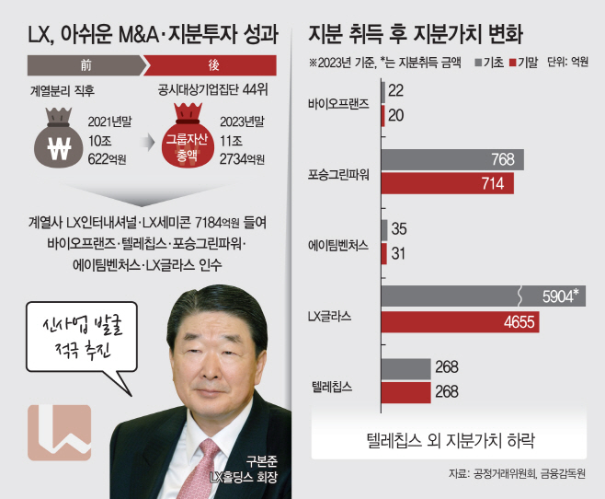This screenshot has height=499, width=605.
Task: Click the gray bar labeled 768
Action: click(x=452, y=159)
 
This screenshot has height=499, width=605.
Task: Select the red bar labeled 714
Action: click(x=448, y=183)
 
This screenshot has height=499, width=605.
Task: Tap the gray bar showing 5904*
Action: click(x=484, y=296)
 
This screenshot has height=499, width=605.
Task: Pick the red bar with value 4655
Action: click(x=461, y=321)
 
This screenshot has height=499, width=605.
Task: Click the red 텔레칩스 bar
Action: click(x=405, y=392)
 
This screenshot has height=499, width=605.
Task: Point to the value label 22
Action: click(x=395, y=90)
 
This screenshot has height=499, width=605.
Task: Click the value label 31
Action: click(x=398, y=254)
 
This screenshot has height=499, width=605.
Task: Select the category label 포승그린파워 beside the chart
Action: click(x=338, y=175)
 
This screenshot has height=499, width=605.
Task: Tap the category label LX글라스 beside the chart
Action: click(x=329, y=317)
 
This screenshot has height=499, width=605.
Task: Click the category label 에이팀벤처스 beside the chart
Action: click(x=338, y=245)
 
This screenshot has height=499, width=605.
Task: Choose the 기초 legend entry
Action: click(x=489, y=63)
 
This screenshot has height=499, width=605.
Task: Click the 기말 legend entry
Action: click(x=523, y=63)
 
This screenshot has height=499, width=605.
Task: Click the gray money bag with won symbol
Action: click(x=58, y=137)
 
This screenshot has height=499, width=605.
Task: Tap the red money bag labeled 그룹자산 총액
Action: click(x=188, y=135)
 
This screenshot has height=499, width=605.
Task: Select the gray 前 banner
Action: click(x=86, y=65)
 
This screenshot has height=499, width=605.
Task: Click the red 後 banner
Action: click(x=211, y=65)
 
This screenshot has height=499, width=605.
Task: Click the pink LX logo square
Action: click(x=60, y=433)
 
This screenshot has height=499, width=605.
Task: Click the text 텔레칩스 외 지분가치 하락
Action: click(x=451, y=440)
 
